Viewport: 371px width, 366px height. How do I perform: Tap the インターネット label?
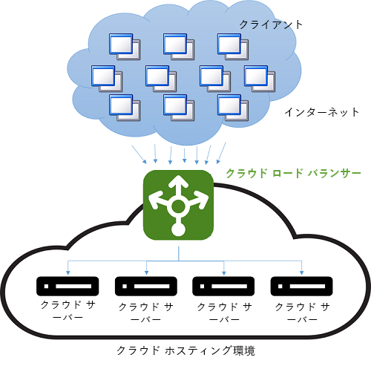pyautogui.click(x=321, y=113)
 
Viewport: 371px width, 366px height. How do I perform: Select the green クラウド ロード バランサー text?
pyautogui.click(x=293, y=173)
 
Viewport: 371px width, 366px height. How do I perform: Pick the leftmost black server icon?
pyautogui.click(x=68, y=284)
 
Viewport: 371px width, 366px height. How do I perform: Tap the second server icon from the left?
pyautogui.click(x=145, y=284)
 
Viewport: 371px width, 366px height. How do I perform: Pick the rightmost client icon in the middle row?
pyautogui.click(x=259, y=76)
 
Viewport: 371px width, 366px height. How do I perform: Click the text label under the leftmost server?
pyautogui.click(x=68, y=312)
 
